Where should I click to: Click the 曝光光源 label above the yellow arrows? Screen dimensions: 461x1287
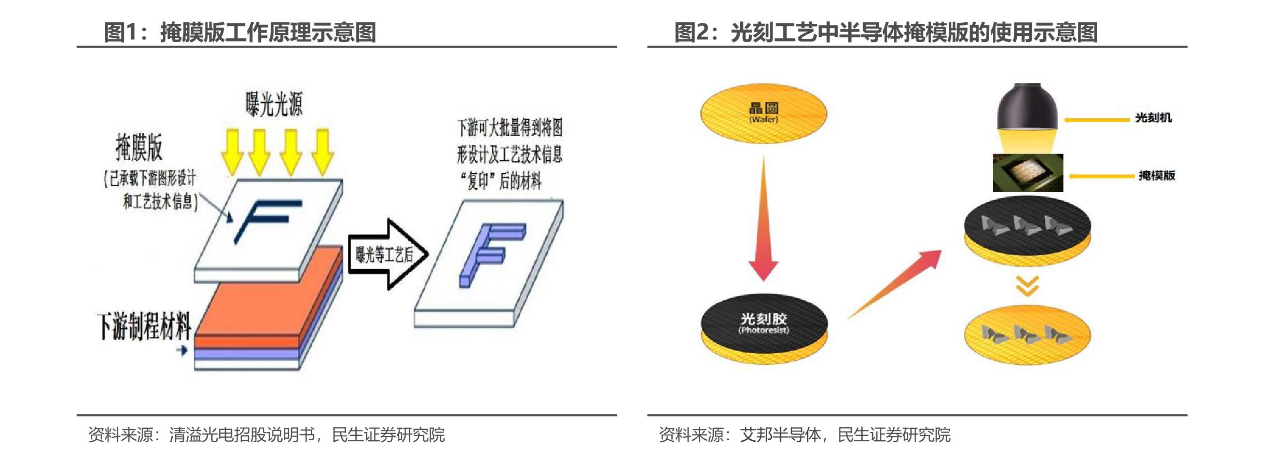(274, 104)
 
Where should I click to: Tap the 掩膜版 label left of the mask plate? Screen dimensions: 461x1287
(139, 147)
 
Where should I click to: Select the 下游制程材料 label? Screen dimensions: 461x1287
(144, 326)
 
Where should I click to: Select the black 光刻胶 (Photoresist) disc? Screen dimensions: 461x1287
(764, 325)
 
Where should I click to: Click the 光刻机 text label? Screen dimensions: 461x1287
(1153, 118)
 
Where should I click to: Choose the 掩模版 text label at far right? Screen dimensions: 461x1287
(1156, 176)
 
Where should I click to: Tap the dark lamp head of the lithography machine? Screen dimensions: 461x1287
(1027, 106)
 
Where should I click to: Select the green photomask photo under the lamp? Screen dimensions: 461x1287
(1028, 173)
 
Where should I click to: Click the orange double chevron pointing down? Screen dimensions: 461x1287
(1027, 286)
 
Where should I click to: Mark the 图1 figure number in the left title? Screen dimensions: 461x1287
(120, 32)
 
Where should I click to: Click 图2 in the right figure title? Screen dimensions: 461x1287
(691, 32)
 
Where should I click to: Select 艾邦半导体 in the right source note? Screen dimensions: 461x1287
(780, 435)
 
